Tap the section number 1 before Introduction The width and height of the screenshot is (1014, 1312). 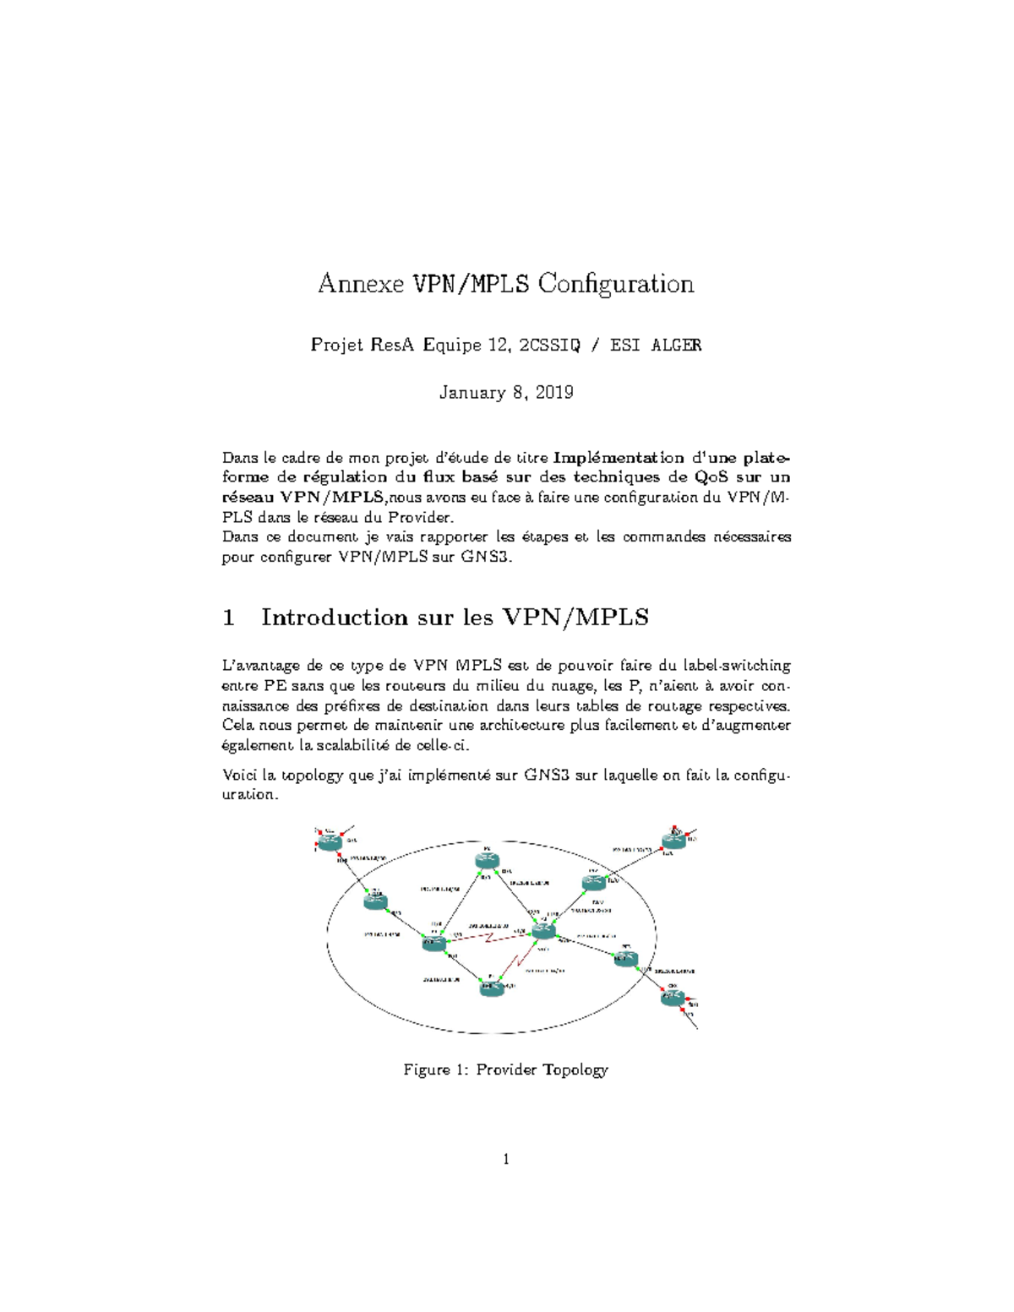[x=228, y=618]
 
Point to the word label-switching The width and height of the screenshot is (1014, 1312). [x=738, y=666]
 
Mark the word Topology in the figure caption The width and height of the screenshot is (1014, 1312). [x=575, y=1070]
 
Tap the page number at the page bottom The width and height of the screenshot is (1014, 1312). [x=506, y=1160]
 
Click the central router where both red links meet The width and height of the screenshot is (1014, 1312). [x=542, y=931]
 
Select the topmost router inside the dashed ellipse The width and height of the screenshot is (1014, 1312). [x=487, y=860]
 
